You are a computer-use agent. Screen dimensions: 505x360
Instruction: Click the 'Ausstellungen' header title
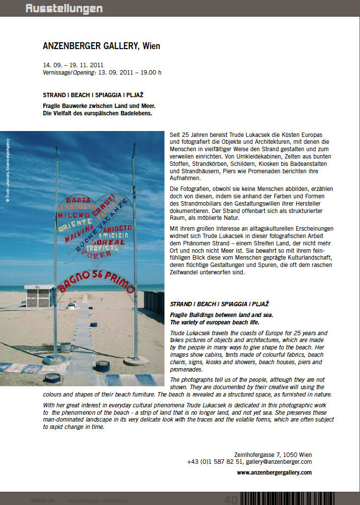pos(64,8)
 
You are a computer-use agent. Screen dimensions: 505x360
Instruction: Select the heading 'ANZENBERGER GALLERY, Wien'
pos(102,46)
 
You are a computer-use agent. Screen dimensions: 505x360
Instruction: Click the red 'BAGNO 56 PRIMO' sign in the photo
pos(96,281)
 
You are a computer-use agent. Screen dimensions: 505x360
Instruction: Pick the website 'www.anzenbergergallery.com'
pos(274,473)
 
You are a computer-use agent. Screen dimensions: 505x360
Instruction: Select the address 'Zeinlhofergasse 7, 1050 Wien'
pos(272,454)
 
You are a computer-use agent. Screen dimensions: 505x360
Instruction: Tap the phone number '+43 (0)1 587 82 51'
pos(215,462)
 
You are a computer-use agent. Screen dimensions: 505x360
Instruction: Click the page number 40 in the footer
pos(231,500)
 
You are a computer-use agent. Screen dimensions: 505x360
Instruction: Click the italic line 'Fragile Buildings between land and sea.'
pos(222,315)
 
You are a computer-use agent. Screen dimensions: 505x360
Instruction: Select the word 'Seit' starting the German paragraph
pos(175,134)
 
